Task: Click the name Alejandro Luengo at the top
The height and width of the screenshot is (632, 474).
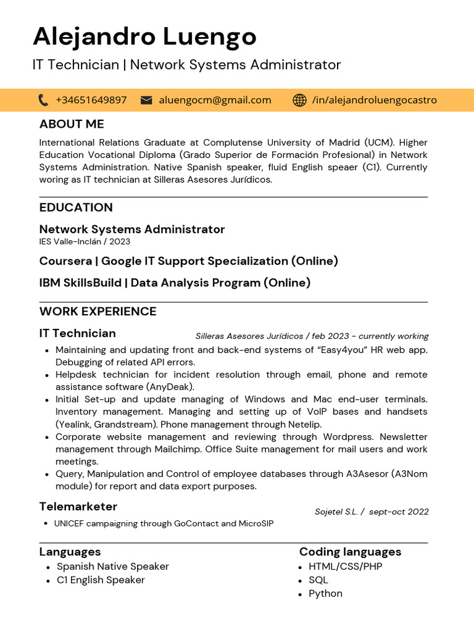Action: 144,37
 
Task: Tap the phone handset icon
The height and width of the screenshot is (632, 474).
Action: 43,100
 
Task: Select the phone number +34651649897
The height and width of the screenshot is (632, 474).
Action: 91,100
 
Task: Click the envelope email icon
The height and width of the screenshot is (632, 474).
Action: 146,100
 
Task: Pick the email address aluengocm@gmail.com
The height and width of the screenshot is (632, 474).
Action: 215,100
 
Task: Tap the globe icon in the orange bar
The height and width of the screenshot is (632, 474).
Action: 299,100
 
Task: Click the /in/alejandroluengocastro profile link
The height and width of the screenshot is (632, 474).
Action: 374,100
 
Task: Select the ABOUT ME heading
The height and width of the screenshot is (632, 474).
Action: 72,124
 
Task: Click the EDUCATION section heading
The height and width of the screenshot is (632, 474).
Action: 76,207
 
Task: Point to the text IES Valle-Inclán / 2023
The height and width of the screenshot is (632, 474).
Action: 85,241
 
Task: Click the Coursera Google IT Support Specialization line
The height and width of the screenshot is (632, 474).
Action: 188,261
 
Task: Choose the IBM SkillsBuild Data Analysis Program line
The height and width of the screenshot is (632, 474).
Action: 175,283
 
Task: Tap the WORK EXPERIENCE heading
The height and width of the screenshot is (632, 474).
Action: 98,311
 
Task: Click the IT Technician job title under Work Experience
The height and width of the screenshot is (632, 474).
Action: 77,333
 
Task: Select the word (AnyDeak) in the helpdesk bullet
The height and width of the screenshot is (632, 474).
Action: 170,387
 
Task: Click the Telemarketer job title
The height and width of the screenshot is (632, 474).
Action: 78,507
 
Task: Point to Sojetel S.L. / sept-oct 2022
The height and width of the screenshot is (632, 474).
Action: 372,512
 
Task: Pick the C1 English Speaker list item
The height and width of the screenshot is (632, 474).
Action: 101,580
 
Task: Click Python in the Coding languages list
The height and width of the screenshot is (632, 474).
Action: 325,594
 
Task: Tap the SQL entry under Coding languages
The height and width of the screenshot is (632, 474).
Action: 318,580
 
